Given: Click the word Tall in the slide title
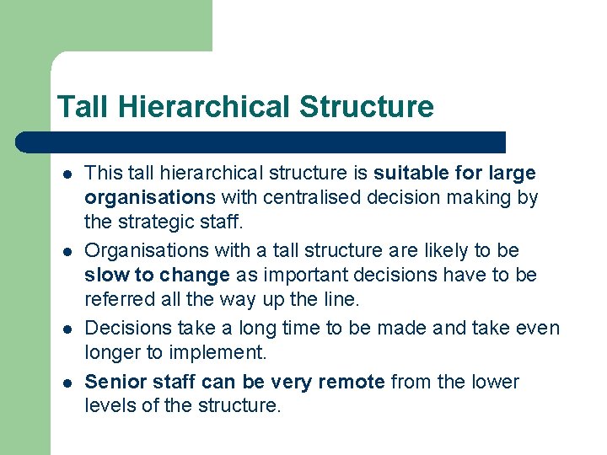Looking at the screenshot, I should click(x=84, y=107).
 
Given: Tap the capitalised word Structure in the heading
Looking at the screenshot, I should click(x=366, y=107).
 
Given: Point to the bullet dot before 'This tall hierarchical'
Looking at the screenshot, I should click(x=66, y=174).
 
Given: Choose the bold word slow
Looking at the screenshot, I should click(x=104, y=276).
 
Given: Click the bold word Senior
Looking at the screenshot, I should click(x=114, y=382).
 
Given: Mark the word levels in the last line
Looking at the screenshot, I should click(x=106, y=406).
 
